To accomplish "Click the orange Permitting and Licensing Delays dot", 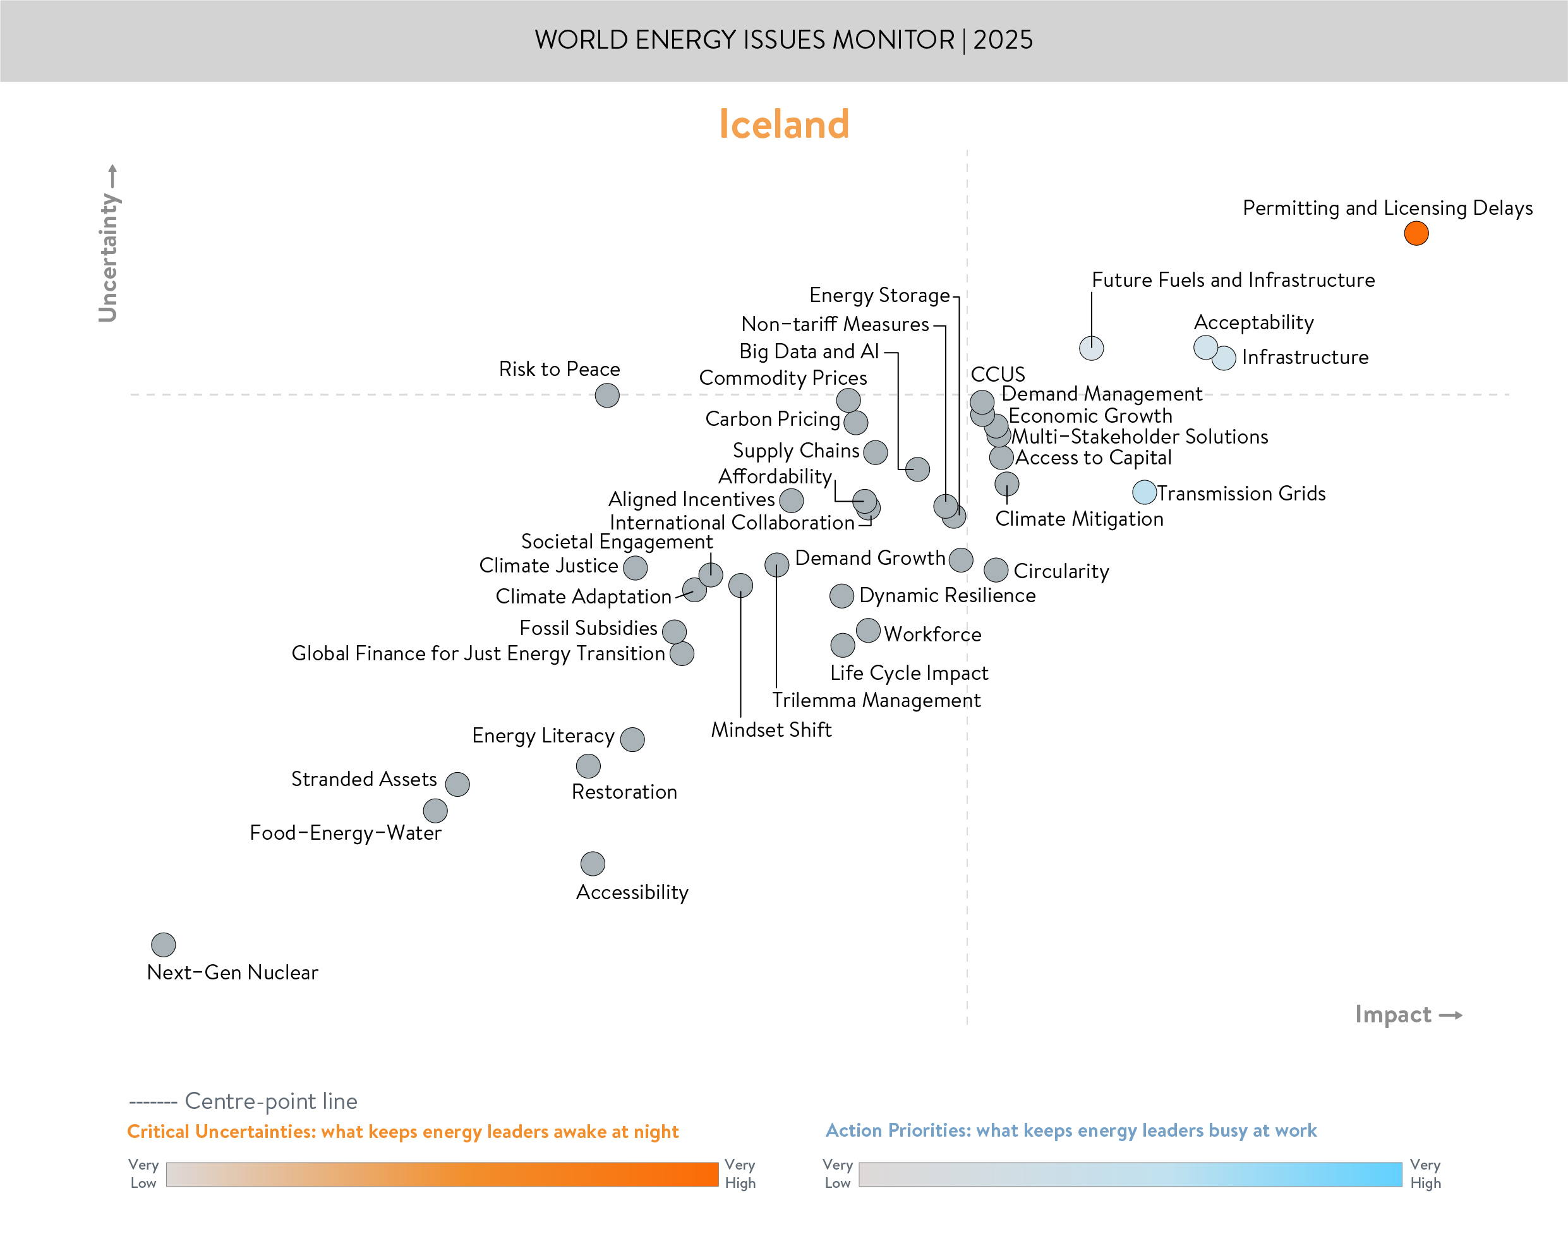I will click(x=1416, y=233).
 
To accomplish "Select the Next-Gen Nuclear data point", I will click(x=164, y=945).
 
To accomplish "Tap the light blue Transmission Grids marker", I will click(x=1144, y=492).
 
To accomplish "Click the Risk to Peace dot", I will click(x=607, y=396).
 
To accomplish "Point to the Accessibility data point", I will click(x=593, y=863).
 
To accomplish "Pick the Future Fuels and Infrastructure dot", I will click(x=1091, y=348).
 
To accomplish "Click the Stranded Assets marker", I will click(x=457, y=784).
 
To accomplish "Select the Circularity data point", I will click(x=996, y=570).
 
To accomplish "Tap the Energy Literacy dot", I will click(x=632, y=739).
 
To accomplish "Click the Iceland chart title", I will click(x=783, y=123).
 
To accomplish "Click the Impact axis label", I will click(x=1392, y=1014).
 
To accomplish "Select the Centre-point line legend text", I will click(x=270, y=1101).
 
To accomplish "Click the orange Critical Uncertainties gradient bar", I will click(x=442, y=1174).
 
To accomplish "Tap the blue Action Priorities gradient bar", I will click(x=1130, y=1174).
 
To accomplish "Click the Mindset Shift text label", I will click(x=771, y=729).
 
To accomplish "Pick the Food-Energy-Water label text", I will click(x=345, y=833).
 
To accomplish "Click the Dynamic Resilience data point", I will click(x=841, y=596).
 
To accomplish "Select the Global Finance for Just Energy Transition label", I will click(x=478, y=653).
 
